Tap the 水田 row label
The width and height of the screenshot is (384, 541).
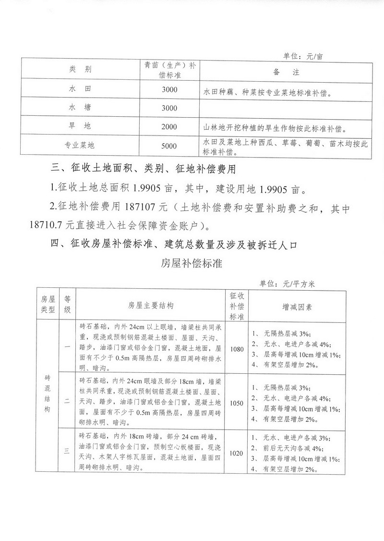point(80,89)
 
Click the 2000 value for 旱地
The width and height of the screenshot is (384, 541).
point(169,127)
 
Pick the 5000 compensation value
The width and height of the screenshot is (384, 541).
point(169,146)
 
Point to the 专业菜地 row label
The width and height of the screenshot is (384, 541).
point(80,146)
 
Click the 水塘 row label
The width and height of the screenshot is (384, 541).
point(80,108)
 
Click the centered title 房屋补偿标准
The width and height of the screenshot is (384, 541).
point(192,263)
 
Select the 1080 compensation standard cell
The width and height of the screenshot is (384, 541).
point(237,348)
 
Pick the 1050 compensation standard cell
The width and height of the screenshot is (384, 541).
point(237,403)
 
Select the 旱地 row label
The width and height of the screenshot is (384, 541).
point(80,127)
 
